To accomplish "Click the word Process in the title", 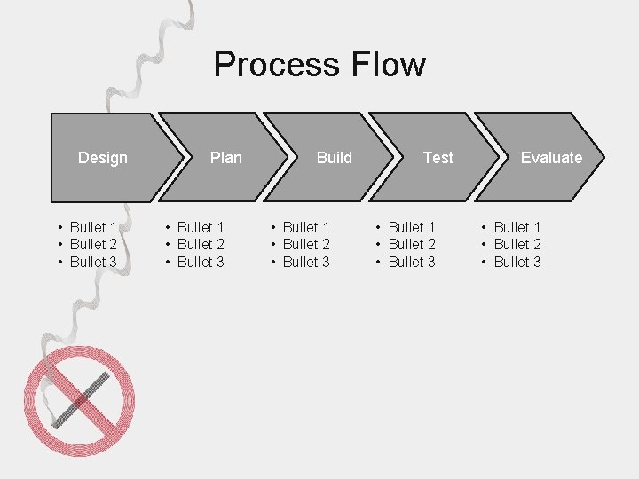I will tap(277, 65).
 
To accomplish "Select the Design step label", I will tap(103, 158).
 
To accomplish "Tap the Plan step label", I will tap(226, 158).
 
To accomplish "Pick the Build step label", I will tap(335, 158).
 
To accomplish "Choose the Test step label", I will tap(438, 158).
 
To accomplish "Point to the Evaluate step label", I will tap(551, 158).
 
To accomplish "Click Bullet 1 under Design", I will tap(93, 227).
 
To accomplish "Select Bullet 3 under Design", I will tap(93, 262).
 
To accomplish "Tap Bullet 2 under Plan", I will tap(201, 244).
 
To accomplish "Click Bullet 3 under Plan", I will tap(201, 262).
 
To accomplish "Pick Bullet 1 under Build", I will tap(306, 227).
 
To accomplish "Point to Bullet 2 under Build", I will tap(306, 244).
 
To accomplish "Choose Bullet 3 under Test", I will tap(412, 262).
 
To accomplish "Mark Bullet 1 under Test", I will tap(412, 227).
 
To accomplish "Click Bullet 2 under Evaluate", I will tap(517, 244).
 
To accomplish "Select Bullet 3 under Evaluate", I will tap(517, 262).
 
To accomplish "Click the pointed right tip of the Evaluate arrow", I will tap(603, 158).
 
